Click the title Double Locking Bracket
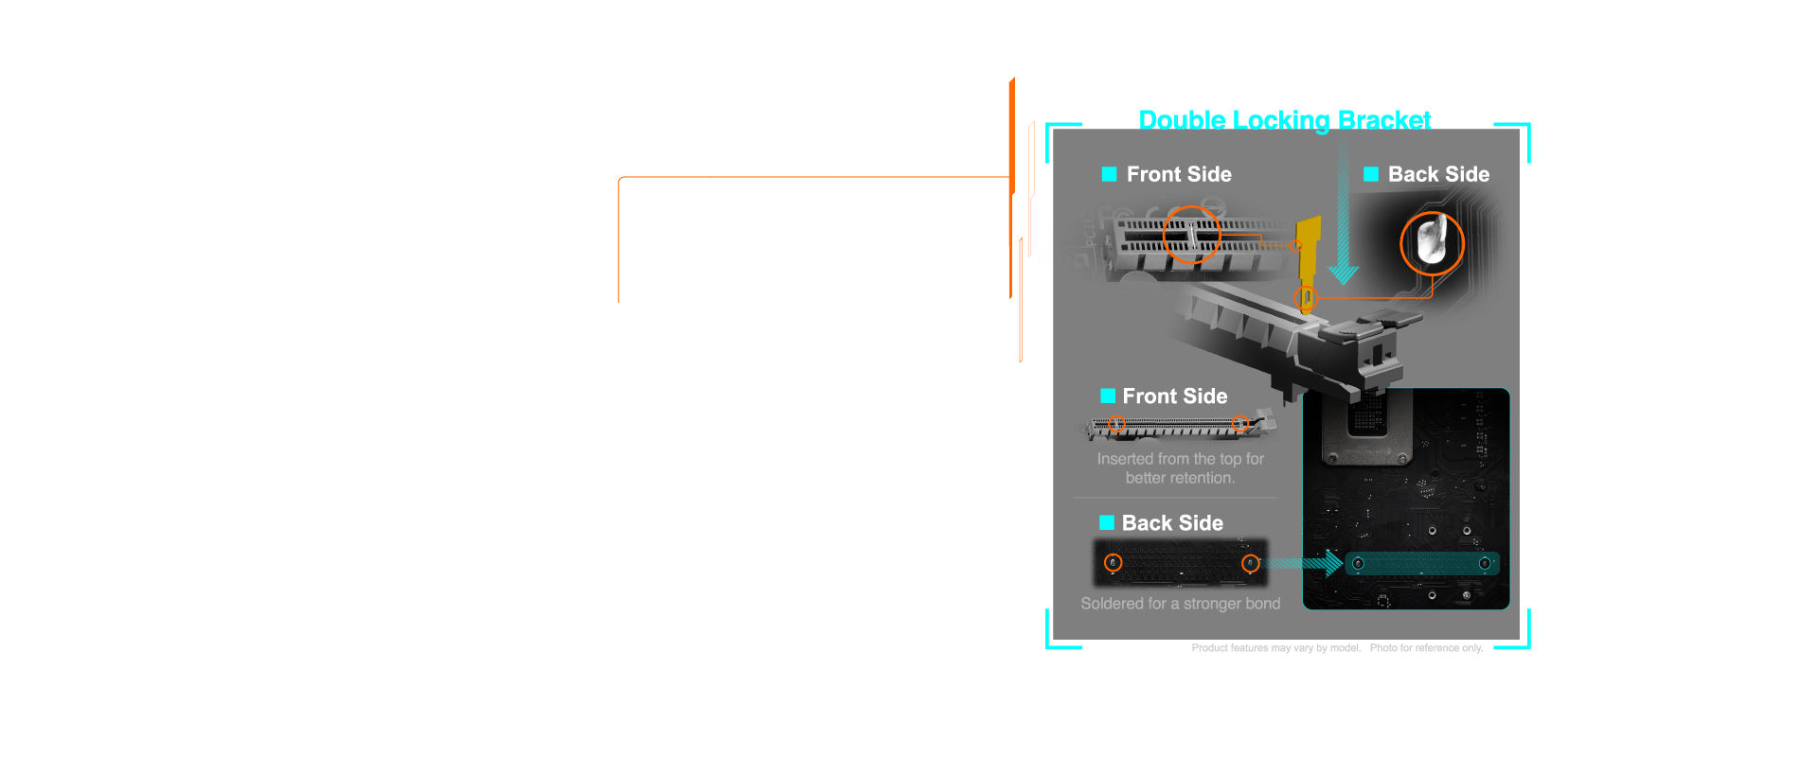pos(1284,120)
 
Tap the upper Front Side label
pos(1179,174)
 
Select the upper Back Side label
pos(1438,174)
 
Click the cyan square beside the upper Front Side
pos(1109,174)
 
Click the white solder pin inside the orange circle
pos(1431,240)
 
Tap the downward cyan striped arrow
pos(1343,208)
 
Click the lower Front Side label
pos(1175,396)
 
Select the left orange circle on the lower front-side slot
pos(1117,425)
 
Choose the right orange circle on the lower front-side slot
pos(1239,424)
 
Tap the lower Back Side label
pos(1172,523)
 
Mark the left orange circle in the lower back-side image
pos(1114,563)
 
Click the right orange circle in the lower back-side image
pos(1251,564)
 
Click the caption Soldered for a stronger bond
pos(1181,604)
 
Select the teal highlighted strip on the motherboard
pos(1421,564)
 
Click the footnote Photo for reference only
pos(1426,648)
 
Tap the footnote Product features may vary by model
pos(1275,648)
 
